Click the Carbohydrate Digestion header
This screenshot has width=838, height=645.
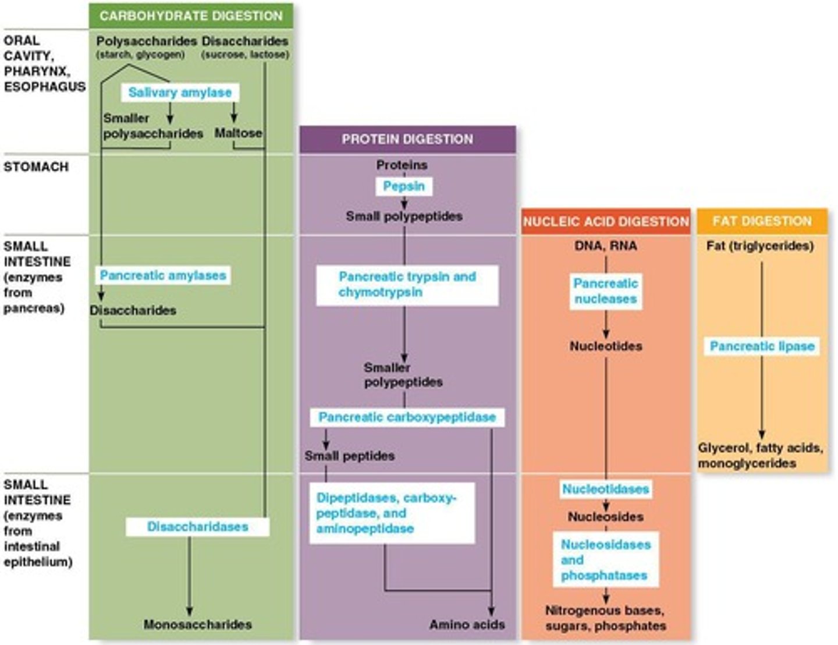[x=191, y=16]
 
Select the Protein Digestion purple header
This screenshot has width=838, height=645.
[x=407, y=139]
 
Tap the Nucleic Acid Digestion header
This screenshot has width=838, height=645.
[x=606, y=221]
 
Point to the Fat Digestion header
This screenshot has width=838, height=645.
[x=762, y=221]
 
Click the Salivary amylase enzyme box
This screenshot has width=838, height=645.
[x=180, y=93]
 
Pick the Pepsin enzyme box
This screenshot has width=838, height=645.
[x=404, y=186]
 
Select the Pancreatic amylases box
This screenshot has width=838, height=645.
[x=163, y=275]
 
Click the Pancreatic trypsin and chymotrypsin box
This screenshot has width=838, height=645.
[x=407, y=285]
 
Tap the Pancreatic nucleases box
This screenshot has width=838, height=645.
[x=606, y=291]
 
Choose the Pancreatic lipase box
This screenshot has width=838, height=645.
[x=762, y=346]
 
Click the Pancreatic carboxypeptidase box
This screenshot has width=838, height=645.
[x=407, y=417]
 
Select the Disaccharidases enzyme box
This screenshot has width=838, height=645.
[x=197, y=527]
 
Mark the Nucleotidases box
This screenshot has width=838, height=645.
[x=605, y=489]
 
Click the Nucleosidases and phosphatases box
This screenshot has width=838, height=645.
[x=605, y=559]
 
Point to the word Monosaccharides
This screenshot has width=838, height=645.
[x=197, y=625]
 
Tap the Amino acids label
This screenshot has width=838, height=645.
[x=467, y=625]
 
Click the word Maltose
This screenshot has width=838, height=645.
[x=238, y=133]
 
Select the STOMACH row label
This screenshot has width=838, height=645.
[x=36, y=167]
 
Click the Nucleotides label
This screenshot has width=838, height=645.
[x=606, y=346]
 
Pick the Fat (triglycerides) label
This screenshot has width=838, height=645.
[x=760, y=246]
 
